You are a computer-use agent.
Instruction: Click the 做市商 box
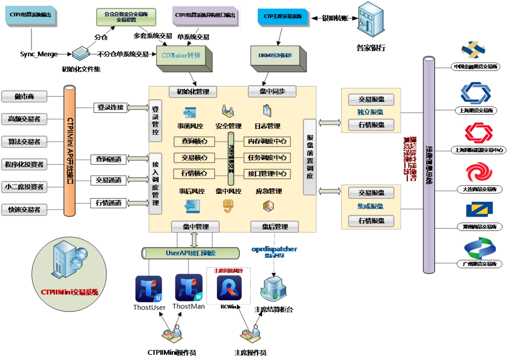pos(24,97)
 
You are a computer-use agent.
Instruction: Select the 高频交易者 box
pos(24,119)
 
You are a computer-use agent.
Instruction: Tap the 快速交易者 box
pos(24,210)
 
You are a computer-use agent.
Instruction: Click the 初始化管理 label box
pos(192,92)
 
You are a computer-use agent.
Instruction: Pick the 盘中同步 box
pos(272,92)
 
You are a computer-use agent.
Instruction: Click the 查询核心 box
pos(194,141)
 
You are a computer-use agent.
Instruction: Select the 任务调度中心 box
pos(267,158)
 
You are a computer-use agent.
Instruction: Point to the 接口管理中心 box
pos(267,174)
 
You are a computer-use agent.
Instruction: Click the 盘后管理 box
pos(275,227)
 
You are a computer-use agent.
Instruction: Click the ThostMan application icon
pos(189,288)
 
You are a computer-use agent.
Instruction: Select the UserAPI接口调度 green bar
pos(191,253)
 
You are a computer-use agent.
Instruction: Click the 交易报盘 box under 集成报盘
pos(371,192)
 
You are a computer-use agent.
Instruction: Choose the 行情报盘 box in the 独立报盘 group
pos(371,125)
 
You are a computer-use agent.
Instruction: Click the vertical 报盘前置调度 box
pos(310,157)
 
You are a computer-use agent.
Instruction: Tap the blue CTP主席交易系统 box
pos(283,16)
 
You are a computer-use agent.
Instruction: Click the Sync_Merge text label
pos(38,54)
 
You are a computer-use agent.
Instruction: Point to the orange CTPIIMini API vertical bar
pos(69,150)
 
